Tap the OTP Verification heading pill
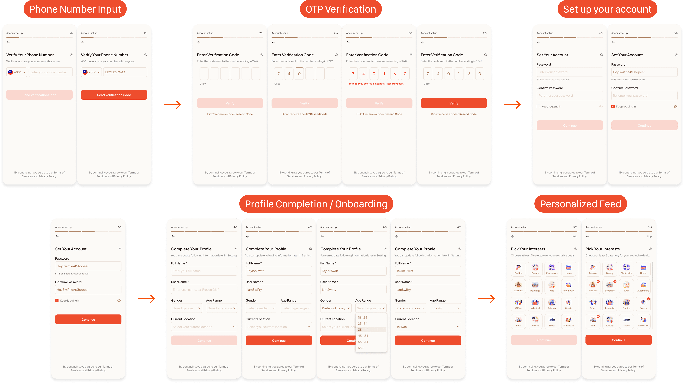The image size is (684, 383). pyautogui.click(x=341, y=9)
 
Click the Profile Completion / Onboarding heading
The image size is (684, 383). pyautogui.click(x=316, y=204)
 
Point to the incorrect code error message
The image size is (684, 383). pyautogui.click(x=376, y=84)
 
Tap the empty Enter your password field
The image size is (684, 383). pyautogui.click(x=570, y=72)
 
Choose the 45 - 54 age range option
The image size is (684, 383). pyautogui.click(x=363, y=336)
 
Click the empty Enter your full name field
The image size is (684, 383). pyautogui.click(x=204, y=271)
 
